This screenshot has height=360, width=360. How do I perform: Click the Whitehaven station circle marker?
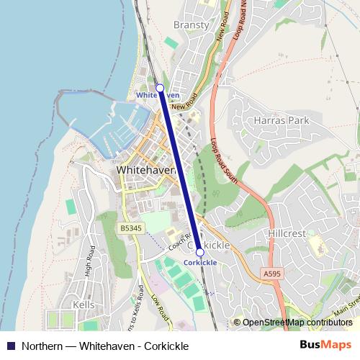coord(160,87)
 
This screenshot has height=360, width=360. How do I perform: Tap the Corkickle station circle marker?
coord(199,253)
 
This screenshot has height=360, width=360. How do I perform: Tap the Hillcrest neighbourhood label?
coord(287,234)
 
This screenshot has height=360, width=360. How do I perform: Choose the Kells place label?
coord(84,305)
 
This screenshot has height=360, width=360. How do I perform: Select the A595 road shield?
coord(272,274)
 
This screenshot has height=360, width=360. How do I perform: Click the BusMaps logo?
coord(325,345)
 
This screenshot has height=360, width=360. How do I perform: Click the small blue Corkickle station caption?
coord(200,263)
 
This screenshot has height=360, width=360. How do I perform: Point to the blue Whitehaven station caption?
coord(158,95)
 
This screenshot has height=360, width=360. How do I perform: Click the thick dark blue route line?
coord(180,171)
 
